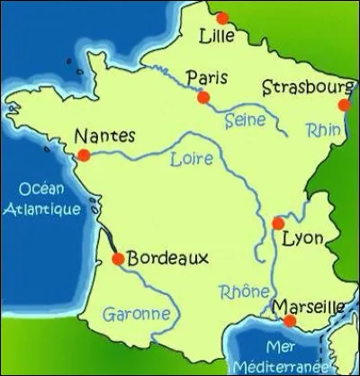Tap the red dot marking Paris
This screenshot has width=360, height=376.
click(204, 96)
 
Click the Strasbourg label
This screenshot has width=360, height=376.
click(307, 87)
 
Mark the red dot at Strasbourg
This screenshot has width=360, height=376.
click(345, 105)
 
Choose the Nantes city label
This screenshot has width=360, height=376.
click(105, 136)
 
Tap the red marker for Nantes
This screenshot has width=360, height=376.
click(84, 156)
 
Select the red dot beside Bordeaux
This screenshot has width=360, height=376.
click(116, 260)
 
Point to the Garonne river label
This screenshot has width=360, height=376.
click(137, 315)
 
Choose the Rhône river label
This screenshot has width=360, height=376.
click(244, 292)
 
